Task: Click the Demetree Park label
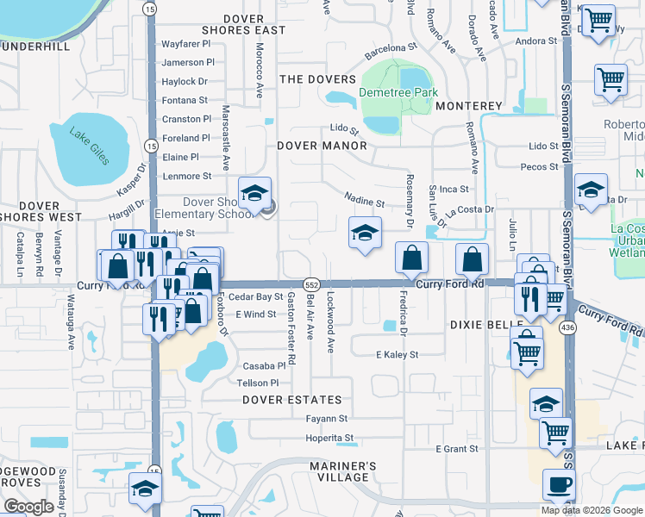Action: (398, 92)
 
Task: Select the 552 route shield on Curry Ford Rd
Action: (312, 283)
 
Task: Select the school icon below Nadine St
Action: (365, 233)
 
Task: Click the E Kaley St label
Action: (397, 354)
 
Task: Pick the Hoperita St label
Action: (330, 438)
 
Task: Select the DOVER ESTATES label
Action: (291, 400)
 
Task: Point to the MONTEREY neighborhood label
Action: (469, 105)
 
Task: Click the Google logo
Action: (28, 507)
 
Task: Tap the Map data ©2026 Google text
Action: (591, 510)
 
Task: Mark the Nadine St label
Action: (364, 203)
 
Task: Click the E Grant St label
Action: (456, 449)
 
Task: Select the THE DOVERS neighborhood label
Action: (317, 79)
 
